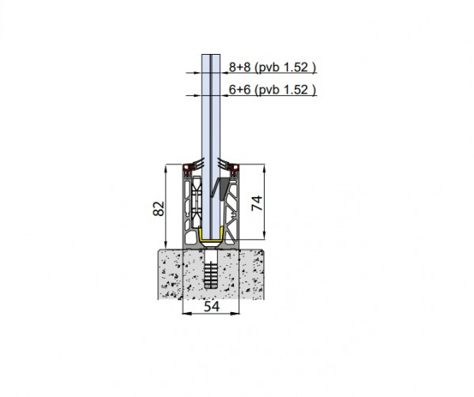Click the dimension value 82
point(159,208)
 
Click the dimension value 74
point(258,203)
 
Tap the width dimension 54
point(212,306)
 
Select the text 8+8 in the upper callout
point(239,67)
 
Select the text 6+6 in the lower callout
point(239,90)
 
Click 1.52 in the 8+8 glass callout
point(296,67)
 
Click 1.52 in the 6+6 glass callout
point(296,90)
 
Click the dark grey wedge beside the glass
point(224,187)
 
